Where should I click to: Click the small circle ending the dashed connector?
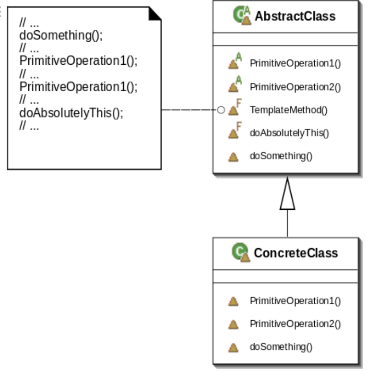click(x=220, y=110)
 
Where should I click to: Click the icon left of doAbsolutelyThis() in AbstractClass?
click(x=234, y=132)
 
